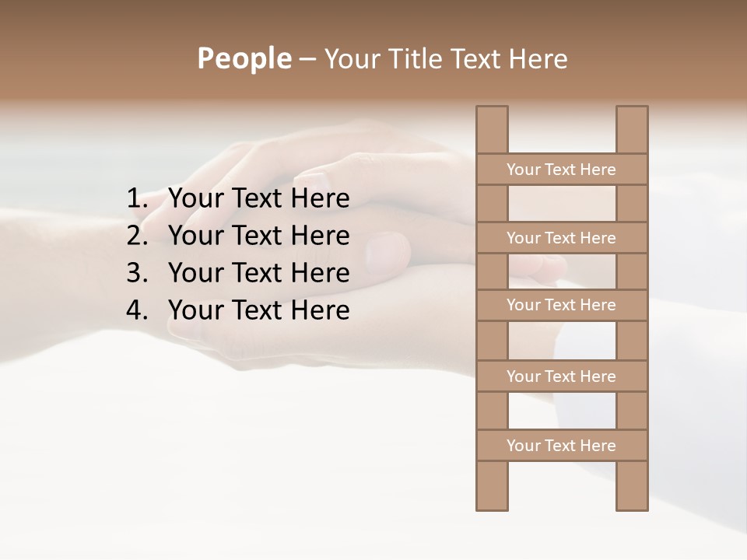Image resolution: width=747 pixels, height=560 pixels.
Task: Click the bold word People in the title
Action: tap(244, 58)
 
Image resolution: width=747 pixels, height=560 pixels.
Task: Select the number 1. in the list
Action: tap(137, 199)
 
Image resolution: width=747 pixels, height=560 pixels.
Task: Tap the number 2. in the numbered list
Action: tap(137, 236)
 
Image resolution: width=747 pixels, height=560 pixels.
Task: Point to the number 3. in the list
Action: tap(137, 273)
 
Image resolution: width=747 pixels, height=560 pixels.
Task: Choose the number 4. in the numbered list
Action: tap(137, 310)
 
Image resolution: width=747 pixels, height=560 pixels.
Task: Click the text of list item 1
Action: tap(258, 199)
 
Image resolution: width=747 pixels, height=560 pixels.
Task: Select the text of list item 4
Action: tap(258, 310)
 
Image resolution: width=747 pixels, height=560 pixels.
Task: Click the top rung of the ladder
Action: tap(561, 170)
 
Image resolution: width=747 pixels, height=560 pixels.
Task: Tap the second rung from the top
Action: tap(561, 238)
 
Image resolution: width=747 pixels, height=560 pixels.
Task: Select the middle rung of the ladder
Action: tap(561, 305)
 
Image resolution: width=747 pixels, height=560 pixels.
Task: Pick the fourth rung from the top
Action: tap(561, 376)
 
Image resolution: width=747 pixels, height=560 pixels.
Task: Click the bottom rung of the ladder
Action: tap(561, 446)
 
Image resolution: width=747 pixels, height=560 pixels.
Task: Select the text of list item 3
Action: tap(258, 273)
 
